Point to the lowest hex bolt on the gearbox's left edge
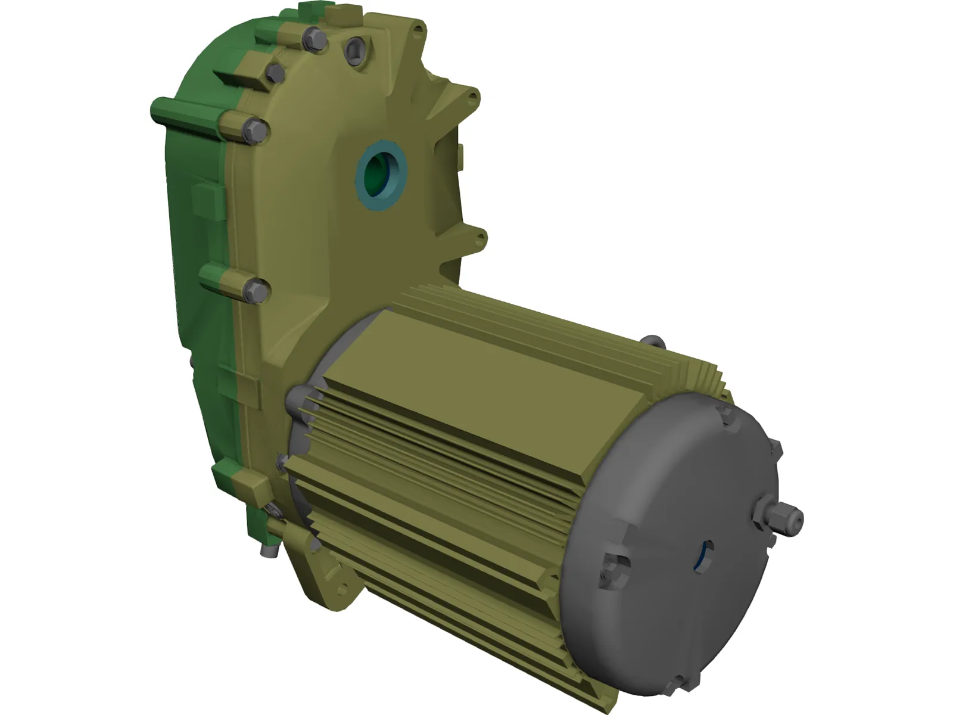click(257, 291)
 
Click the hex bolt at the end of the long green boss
click(255, 130)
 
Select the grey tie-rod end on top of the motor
click(653, 342)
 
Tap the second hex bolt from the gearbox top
click(275, 73)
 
